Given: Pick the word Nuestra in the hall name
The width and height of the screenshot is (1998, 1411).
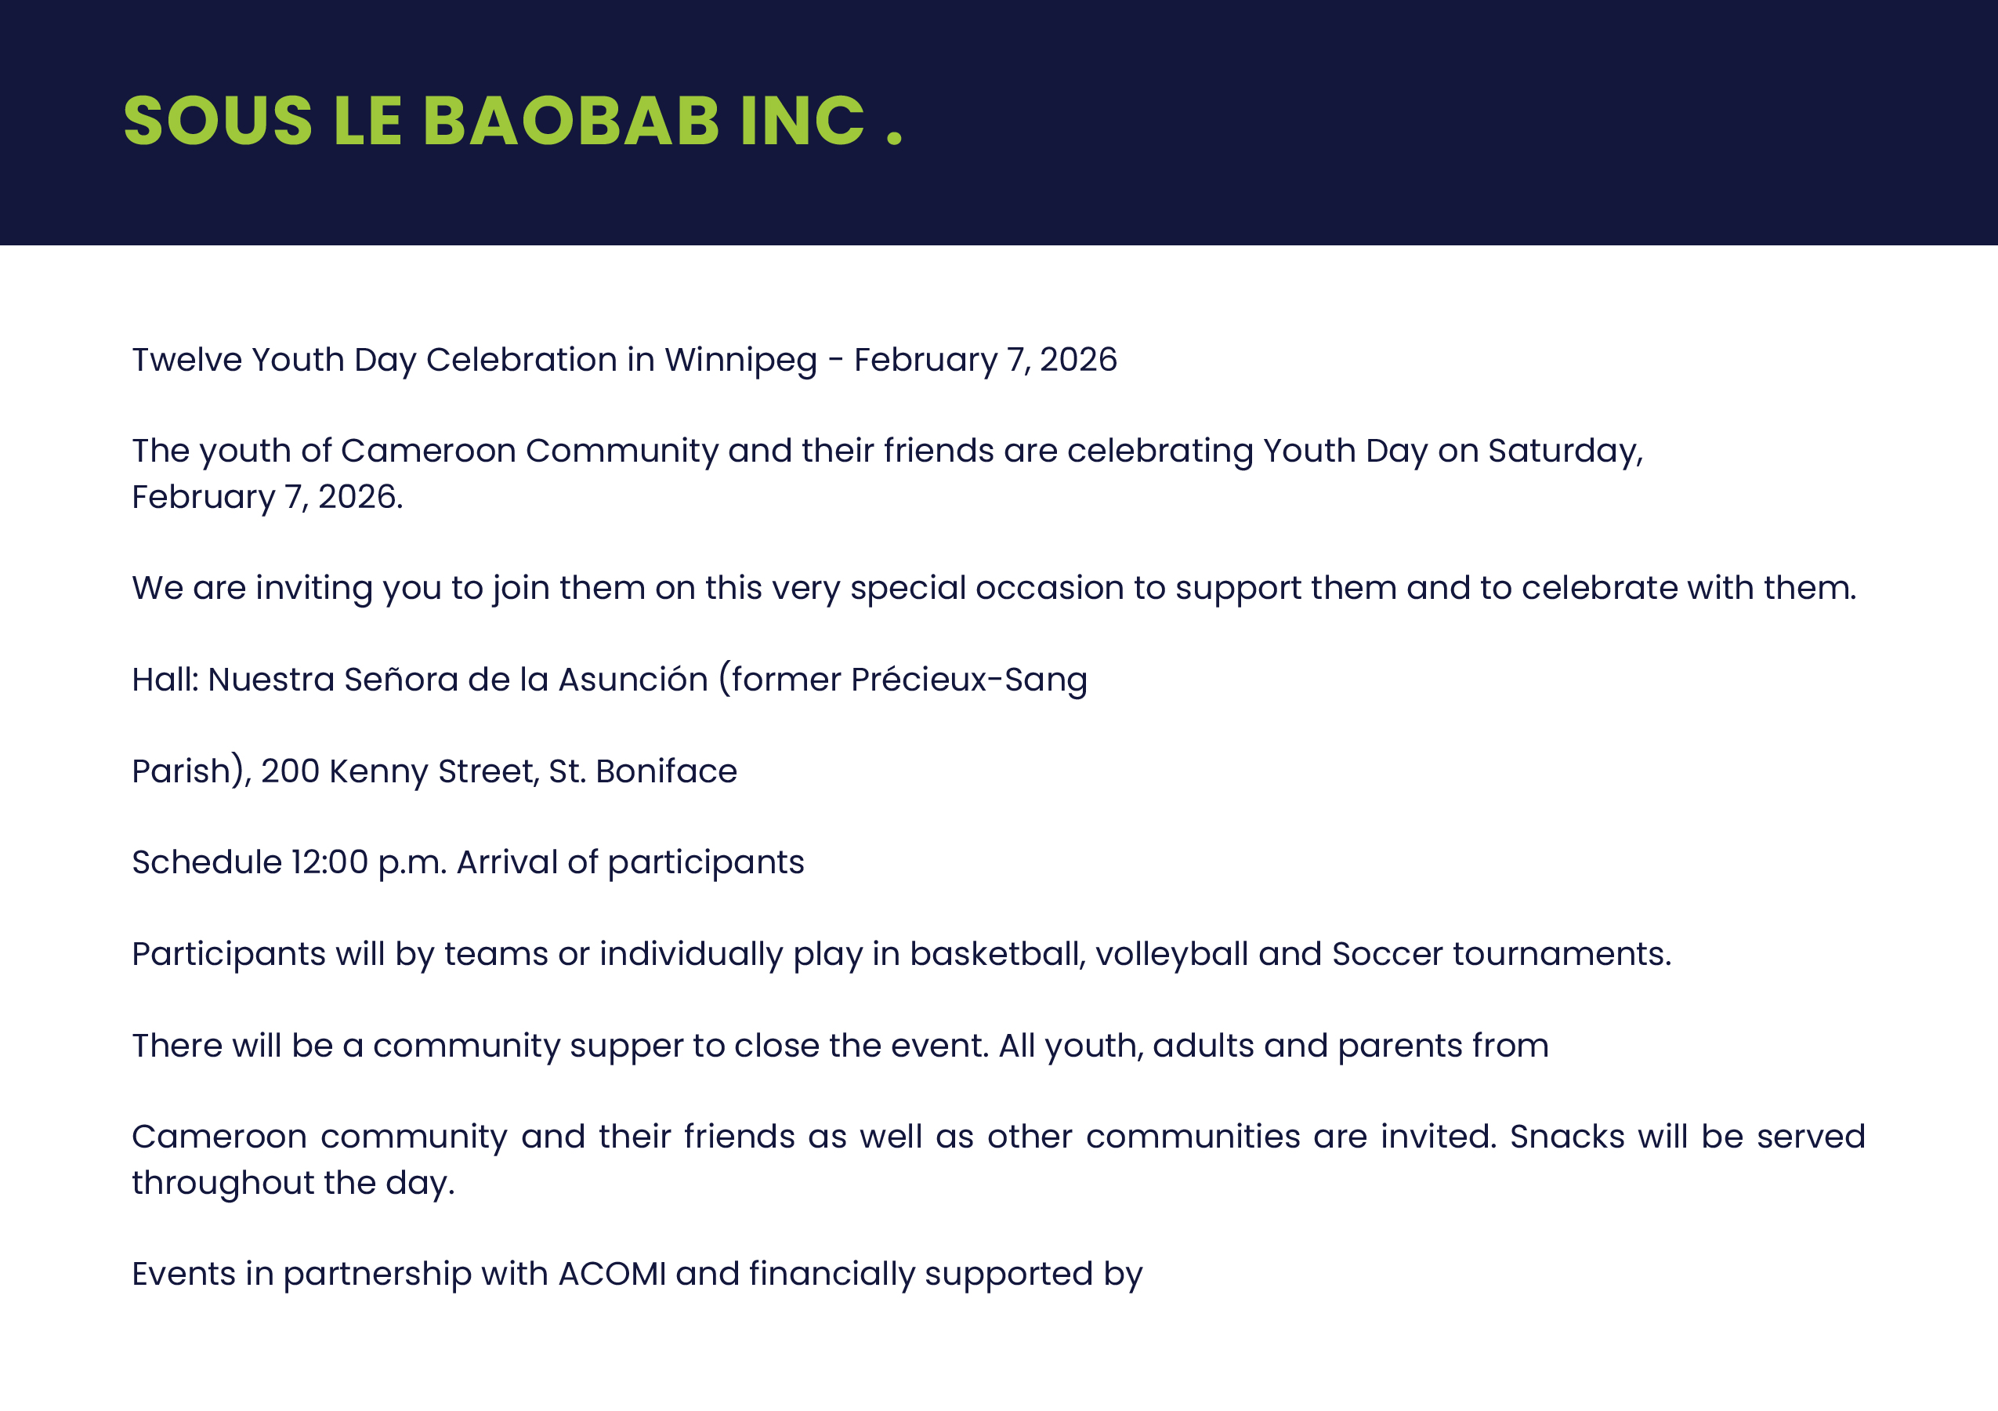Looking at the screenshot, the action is pos(270,679).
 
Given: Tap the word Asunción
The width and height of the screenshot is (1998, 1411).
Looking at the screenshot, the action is pos(634,679).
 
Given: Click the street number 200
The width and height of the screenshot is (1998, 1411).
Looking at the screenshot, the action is pos(290,771).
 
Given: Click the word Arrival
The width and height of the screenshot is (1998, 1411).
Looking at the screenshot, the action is pos(507,862).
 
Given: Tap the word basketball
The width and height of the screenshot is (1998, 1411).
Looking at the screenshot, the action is pos(997,955).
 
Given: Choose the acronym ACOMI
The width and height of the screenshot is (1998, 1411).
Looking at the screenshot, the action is pos(612,1275).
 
